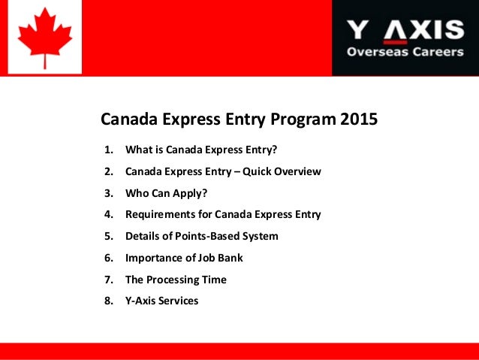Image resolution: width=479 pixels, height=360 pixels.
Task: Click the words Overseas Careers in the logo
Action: click(x=405, y=52)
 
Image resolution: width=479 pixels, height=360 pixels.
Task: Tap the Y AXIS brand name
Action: click(x=405, y=30)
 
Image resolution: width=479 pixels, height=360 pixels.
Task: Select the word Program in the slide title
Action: click(x=306, y=119)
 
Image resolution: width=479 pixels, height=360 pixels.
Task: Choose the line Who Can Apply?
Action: click(x=166, y=193)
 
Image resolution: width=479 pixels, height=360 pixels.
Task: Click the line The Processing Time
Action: click(x=176, y=280)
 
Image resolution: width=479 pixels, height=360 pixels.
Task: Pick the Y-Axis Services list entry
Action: click(x=161, y=301)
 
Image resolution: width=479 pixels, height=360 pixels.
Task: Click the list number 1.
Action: click(x=108, y=150)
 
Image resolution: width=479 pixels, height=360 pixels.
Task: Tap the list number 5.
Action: click(x=108, y=236)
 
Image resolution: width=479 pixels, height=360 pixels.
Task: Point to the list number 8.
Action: click(x=108, y=301)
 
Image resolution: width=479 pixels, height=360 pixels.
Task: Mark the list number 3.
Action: click(x=108, y=193)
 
